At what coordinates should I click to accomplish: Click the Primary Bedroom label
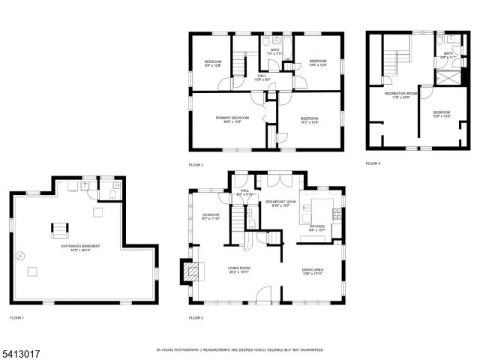[x=232, y=120]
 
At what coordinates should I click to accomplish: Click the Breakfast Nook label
[x=280, y=204]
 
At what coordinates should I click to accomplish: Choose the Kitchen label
[x=318, y=226]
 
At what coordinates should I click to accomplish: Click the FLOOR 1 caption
[x=17, y=319]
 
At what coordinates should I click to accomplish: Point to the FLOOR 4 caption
[x=373, y=163]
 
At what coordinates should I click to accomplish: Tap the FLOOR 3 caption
[x=196, y=164]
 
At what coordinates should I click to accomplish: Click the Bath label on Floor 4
[x=448, y=55]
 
